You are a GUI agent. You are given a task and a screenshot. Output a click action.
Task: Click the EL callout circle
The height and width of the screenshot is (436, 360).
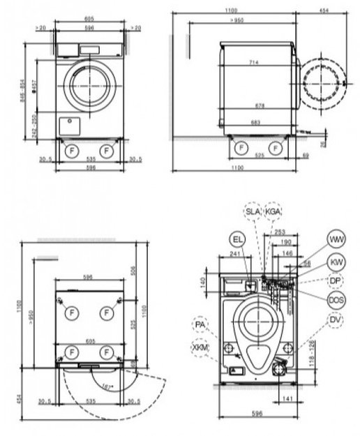(x=237, y=240)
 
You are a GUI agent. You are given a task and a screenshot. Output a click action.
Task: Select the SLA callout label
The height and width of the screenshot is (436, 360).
(x=251, y=211)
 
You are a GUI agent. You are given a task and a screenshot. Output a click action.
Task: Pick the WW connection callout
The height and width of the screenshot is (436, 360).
(x=338, y=239)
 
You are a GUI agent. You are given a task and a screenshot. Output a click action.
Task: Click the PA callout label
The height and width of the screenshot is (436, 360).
(x=201, y=325)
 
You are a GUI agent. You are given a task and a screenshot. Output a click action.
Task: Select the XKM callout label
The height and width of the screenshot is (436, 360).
(x=200, y=347)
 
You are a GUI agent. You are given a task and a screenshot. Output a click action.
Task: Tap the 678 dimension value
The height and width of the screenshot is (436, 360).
(x=259, y=105)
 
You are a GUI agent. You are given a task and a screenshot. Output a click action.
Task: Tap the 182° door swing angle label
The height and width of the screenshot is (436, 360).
(x=106, y=385)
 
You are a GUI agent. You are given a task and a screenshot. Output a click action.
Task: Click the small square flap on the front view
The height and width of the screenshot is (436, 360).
(x=70, y=124)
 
